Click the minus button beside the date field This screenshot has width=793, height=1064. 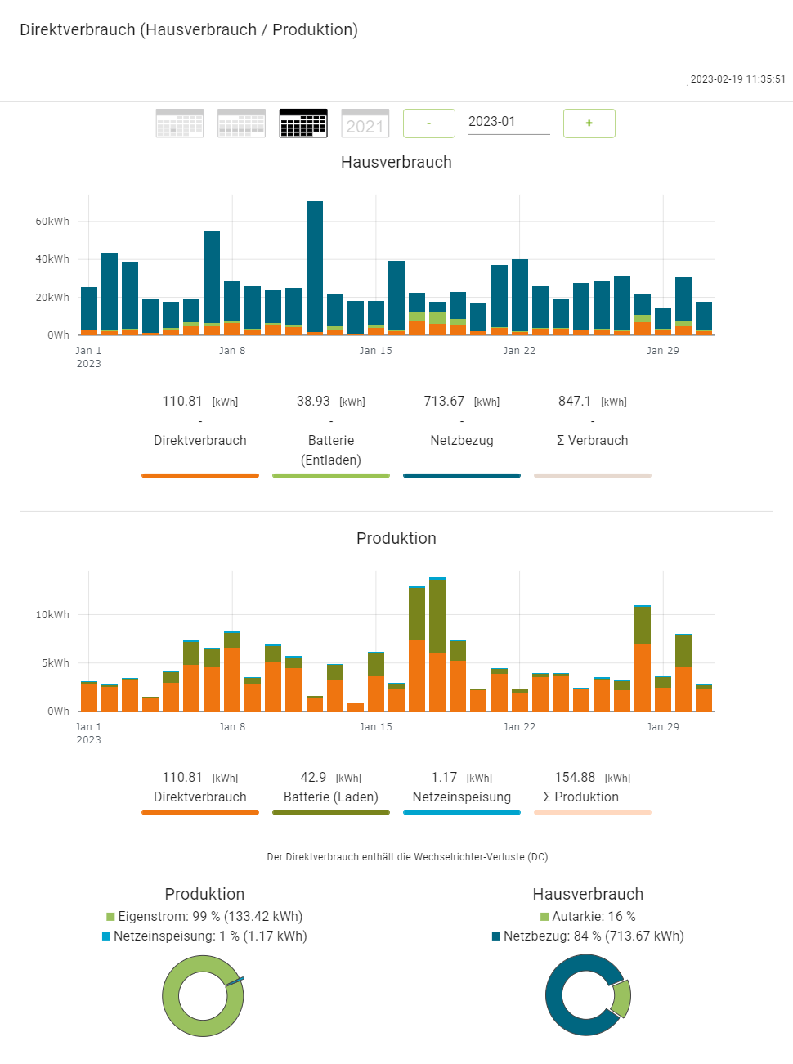pos(429,123)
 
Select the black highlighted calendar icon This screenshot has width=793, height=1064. pos(303,123)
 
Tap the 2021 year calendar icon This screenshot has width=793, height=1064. pos(365,123)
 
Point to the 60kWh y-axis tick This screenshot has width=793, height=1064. pos(52,222)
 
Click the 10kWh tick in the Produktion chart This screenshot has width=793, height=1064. pos(52,615)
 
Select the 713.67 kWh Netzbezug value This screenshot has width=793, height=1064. pos(444,402)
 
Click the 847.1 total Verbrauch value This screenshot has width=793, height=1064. pos(575,402)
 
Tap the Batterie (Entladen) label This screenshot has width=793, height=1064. pos(331,450)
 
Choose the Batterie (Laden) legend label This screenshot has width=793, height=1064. pos(331,797)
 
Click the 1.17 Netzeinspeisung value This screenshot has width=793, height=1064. pos(444,778)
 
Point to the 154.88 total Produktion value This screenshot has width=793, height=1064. pos(575,778)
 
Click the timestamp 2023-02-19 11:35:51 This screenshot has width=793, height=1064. pos(737,79)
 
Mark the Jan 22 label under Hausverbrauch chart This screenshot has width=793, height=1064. pos(519,351)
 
